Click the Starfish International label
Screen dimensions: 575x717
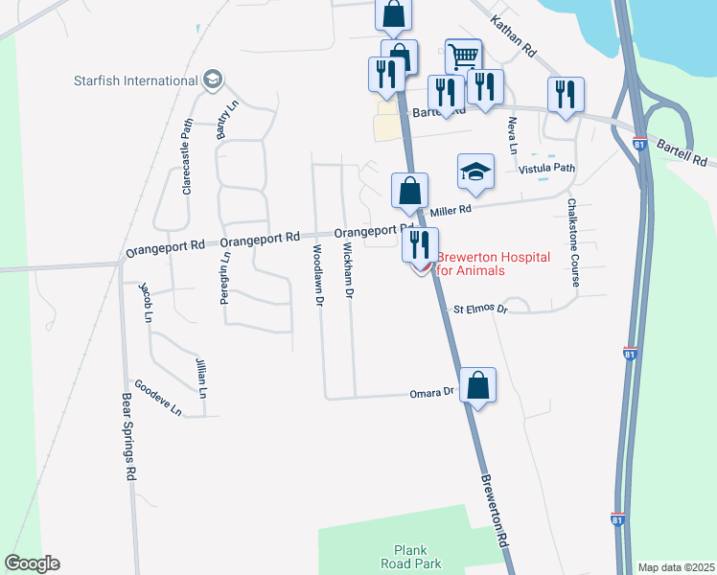(x=135, y=80)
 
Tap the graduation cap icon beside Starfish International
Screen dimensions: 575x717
(x=214, y=80)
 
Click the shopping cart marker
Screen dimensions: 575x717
(x=464, y=56)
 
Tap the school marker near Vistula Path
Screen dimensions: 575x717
(x=475, y=172)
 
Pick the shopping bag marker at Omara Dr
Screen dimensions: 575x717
(x=477, y=386)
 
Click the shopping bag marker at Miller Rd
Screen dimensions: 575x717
(x=409, y=191)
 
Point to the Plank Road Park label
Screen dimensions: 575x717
(x=416, y=557)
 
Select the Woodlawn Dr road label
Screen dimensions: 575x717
(x=318, y=274)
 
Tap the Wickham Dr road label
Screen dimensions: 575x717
(x=349, y=268)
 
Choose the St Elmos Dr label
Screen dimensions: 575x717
(x=479, y=310)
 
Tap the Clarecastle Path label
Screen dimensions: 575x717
(x=188, y=155)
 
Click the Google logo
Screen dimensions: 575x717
(x=32, y=563)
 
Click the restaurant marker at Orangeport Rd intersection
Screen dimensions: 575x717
(x=420, y=246)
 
